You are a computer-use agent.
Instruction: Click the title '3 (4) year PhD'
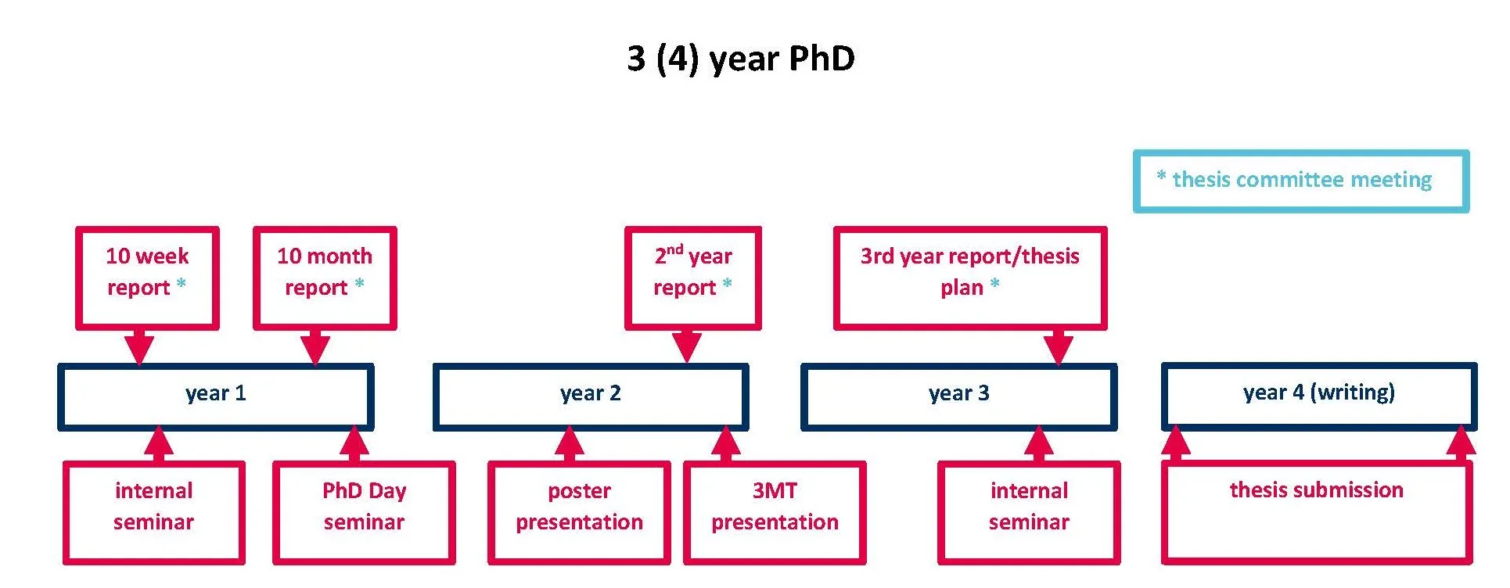click(740, 59)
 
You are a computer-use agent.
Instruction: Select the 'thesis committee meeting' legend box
click(1300, 181)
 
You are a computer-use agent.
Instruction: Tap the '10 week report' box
click(147, 277)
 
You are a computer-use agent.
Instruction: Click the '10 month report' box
click(325, 277)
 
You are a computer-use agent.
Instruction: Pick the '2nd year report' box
click(692, 277)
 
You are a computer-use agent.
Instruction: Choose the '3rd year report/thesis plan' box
click(969, 277)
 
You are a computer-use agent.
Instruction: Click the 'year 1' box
click(215, 396)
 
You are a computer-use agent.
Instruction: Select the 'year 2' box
click(591, 396)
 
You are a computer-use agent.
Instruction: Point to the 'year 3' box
click(958, 396)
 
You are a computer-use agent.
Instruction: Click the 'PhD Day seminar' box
click(364, 511)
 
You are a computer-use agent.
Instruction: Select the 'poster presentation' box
click(579, 511)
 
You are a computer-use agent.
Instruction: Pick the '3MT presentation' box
click(775, 511)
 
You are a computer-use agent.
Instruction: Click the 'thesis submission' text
click(1316, 490)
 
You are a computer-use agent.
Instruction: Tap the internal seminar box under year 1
click(153, 511)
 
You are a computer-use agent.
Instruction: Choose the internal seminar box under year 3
click(1029, 511)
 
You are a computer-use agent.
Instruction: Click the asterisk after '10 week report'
click(181, 284)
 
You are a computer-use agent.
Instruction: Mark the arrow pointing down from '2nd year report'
click(686, 345)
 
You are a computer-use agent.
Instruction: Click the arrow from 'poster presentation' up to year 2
click(569, 444)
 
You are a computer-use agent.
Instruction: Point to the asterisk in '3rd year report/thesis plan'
click(994, 284)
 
